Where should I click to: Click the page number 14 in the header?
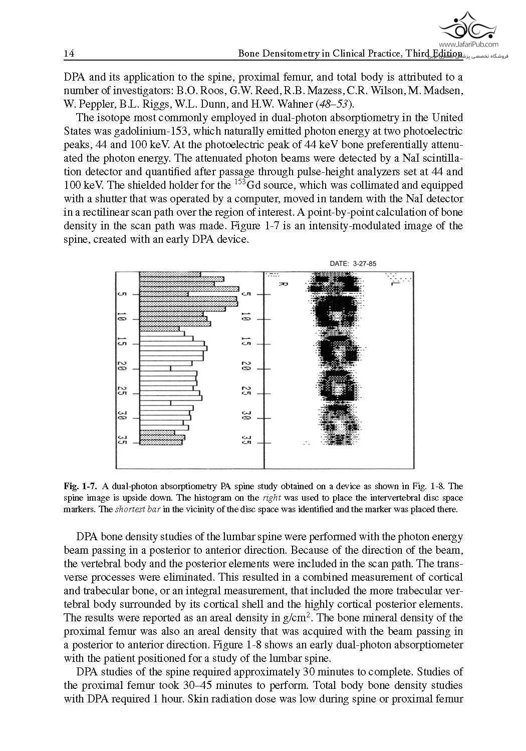tap(69, 54)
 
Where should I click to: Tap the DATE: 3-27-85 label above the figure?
tap(353, 263)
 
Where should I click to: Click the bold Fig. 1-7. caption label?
tap(79, 486)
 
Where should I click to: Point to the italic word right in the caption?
tap(271, 498)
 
